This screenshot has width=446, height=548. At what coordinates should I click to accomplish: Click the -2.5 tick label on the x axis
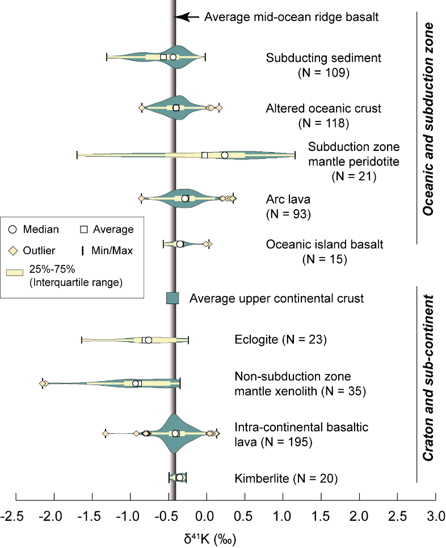(16, 516)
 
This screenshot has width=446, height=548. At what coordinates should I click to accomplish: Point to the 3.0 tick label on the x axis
(435, 516)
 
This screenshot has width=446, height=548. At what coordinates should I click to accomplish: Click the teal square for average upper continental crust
(173, 298)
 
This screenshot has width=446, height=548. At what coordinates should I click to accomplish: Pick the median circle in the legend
(13, 229)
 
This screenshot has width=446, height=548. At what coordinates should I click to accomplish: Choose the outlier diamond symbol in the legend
(13, 250)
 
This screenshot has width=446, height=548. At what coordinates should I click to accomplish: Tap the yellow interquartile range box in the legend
(15, 272)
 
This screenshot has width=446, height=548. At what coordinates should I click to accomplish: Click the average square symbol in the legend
(83, 229)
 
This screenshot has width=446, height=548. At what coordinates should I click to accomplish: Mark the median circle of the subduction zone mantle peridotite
(225, 155)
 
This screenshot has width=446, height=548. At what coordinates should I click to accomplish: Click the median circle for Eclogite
(149, 340)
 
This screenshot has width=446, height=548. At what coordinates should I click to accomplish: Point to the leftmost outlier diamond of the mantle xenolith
(43, 383)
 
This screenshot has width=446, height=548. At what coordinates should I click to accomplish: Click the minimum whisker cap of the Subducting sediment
(107, 57)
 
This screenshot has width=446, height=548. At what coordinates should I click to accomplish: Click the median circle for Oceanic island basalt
(180, 244)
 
